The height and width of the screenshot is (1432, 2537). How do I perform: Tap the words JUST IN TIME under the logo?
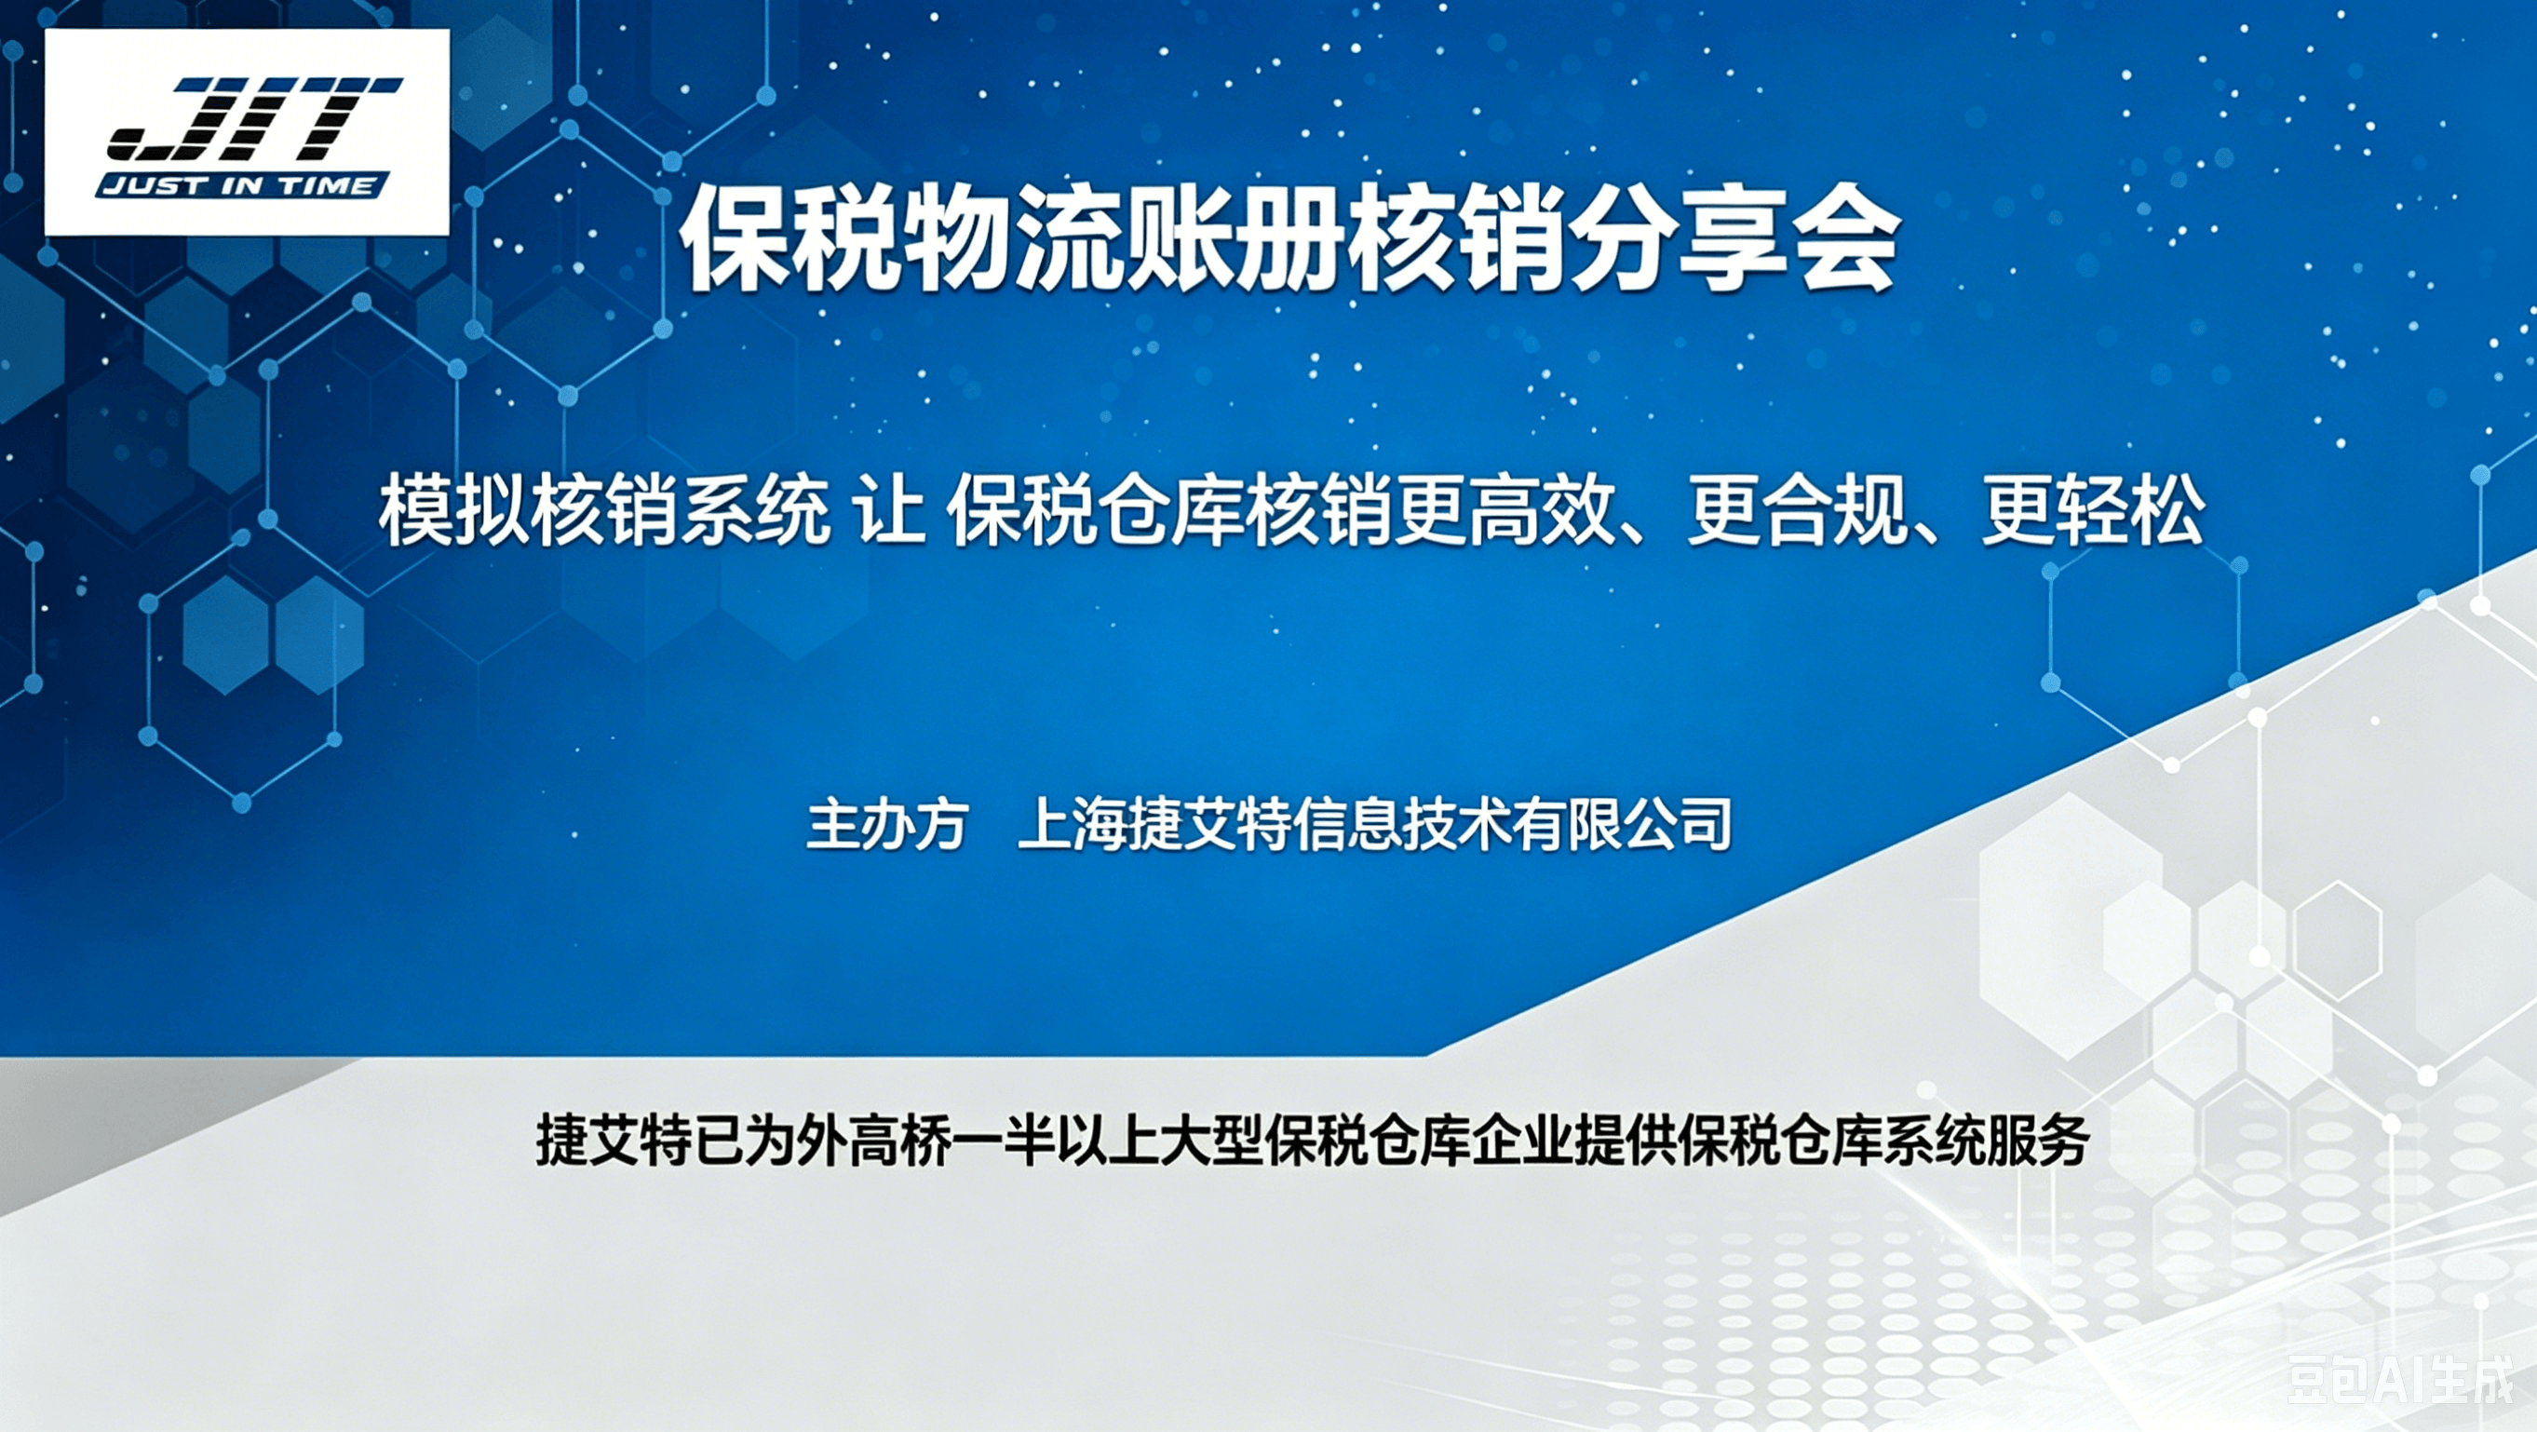[242, 185]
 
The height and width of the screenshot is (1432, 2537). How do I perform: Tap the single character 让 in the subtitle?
[889, 513]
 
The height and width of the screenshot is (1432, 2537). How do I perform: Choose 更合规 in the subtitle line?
[1798, 513]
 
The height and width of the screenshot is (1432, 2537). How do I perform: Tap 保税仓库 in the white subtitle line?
[1096, 513]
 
